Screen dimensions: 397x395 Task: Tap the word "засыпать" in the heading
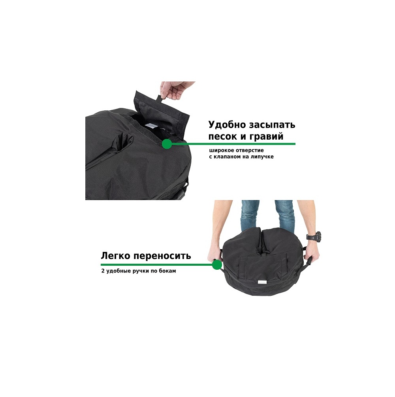click(272, 125)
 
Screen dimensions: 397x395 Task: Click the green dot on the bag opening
click(167, 144)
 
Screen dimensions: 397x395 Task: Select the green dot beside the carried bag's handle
click(216, 265)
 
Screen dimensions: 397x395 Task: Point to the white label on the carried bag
click(261, 282)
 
